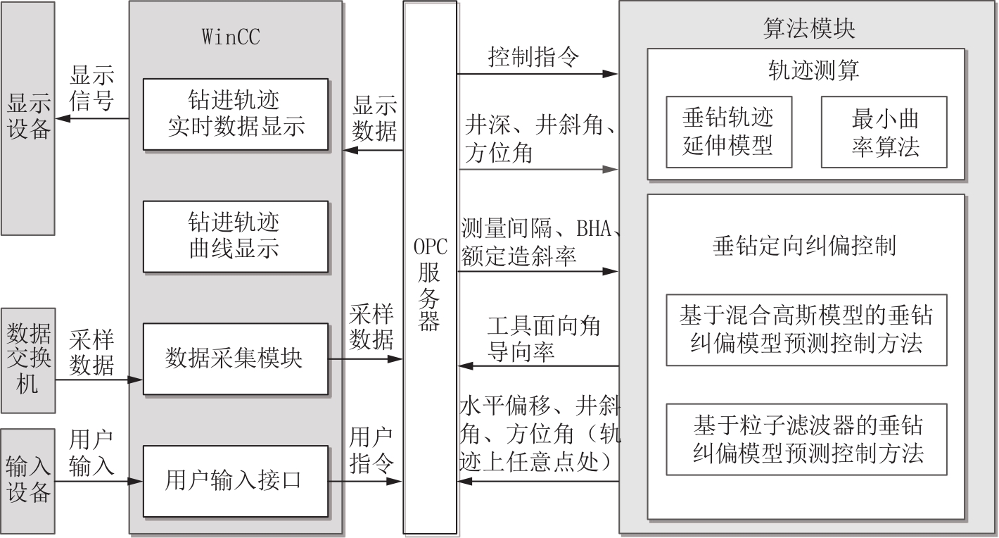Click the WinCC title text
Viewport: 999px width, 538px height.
pos(231,37)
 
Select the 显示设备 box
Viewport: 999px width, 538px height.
pos(27,118)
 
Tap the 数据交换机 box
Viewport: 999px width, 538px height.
pos(28,361)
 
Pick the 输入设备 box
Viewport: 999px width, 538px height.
pos(27,481)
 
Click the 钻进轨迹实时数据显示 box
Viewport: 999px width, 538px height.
pos(236,114)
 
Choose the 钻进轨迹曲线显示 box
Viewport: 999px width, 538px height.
pos(236,237)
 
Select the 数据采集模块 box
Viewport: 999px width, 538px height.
pos(236,359)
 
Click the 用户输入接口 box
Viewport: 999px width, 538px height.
pos(236,481)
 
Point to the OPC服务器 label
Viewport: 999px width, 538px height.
pos(430,284)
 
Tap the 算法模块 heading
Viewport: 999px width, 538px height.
pos(808,29)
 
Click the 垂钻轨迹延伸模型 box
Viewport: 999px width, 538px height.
pos(729,132)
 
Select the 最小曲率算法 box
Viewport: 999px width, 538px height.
pos(884,132)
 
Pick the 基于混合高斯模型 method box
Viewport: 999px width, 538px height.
pos(806,330)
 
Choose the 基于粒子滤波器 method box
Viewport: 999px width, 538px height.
pos(806,439)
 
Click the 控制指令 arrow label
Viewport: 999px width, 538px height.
pos(533,57)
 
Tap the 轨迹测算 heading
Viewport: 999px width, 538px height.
pos(813,70)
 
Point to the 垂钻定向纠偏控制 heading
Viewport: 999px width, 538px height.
pos(804,246)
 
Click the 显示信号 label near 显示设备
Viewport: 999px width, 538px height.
pos(91,88)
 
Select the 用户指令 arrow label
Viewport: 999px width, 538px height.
pos(371,450)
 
